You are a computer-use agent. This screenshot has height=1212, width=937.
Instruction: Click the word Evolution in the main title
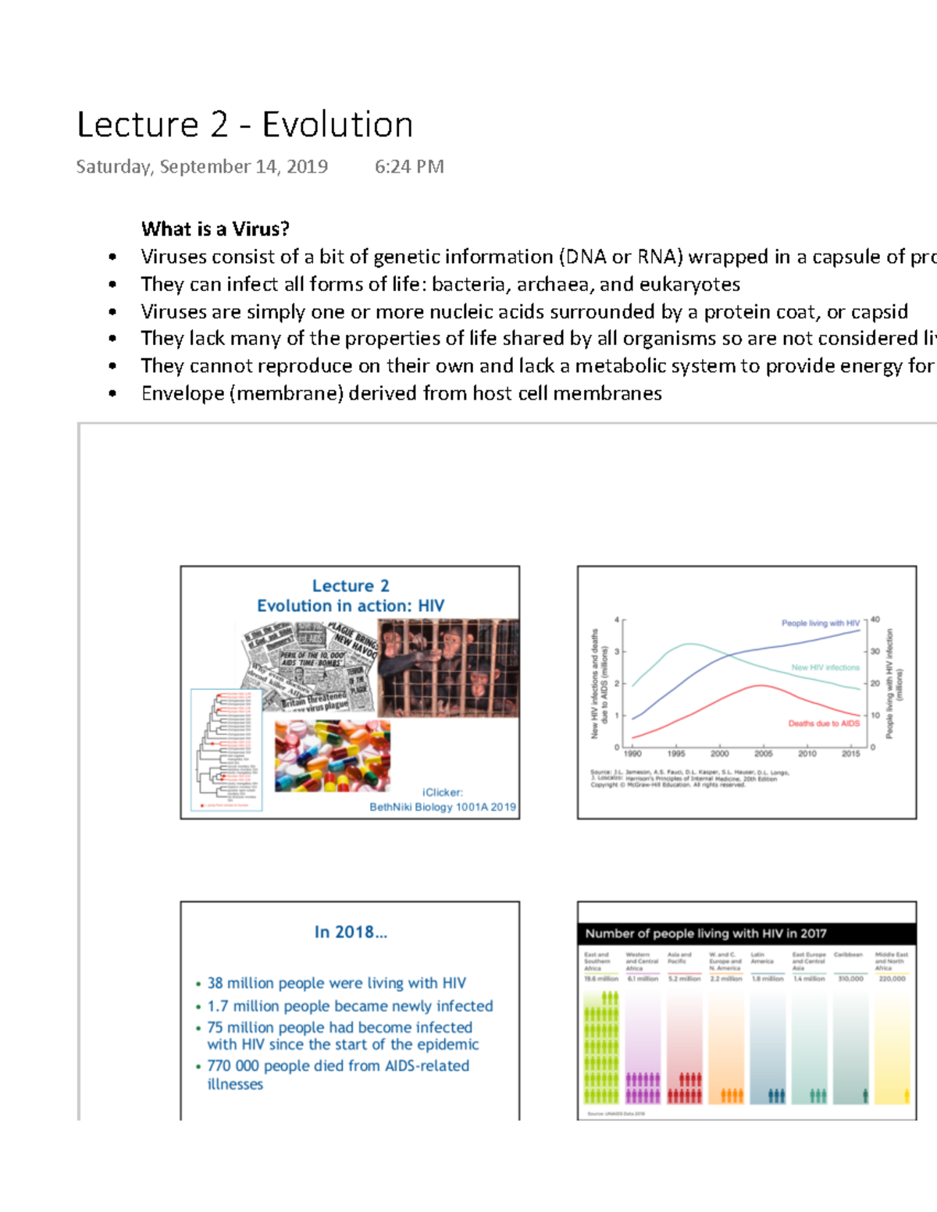(337, 125)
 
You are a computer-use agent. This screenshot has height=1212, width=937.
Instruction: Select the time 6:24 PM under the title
(409, 167)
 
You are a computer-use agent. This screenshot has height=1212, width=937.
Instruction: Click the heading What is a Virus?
(216, 229)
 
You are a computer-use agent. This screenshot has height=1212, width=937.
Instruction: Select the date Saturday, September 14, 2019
(201, 167)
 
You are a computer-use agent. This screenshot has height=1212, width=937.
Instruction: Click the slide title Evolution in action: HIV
(351, 606)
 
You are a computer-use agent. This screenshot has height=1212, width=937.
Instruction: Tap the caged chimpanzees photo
(448, 668)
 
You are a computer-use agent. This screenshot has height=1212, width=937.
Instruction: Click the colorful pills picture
(333, 755)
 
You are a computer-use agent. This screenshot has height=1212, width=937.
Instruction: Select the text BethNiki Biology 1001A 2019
(442, 807)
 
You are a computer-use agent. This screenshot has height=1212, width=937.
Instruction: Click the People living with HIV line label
(820, 623)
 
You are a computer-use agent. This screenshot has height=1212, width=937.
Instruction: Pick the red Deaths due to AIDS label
(823, 723)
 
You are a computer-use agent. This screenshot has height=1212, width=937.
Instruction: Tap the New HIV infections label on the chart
(825, 667)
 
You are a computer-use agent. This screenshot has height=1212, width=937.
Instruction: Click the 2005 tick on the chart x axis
(763, 754)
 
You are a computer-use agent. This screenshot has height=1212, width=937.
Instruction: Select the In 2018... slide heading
(351, 932)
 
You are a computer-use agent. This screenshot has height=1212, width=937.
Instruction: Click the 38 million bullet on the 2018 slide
(336, 983)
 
